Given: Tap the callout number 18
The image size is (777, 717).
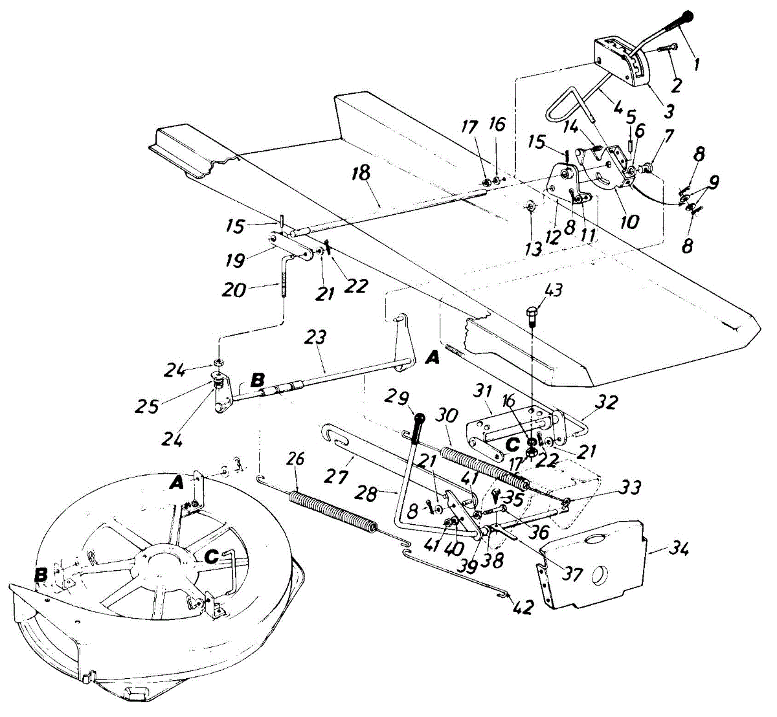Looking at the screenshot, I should point(361,173).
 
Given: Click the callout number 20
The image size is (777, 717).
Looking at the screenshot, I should point(234,289).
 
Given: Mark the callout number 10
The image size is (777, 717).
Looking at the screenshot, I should point(629,222).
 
